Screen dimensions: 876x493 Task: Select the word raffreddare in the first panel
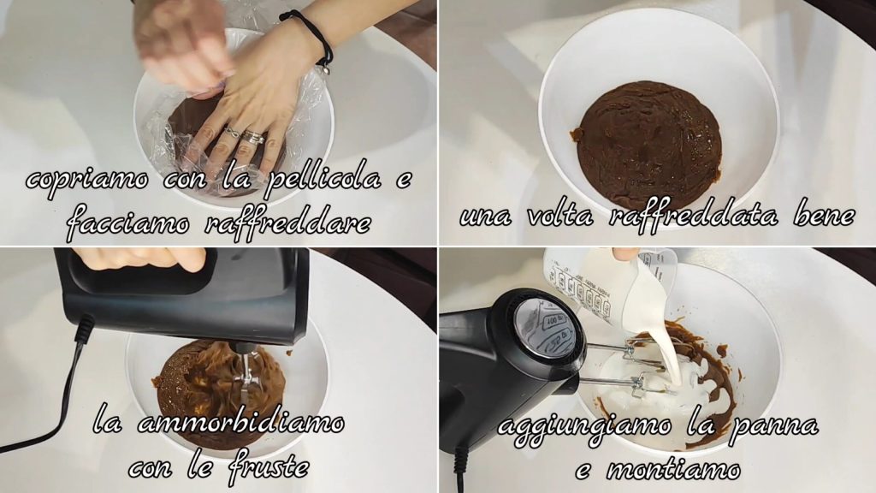coord(287,222)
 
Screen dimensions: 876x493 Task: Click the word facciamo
coord(128,223)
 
